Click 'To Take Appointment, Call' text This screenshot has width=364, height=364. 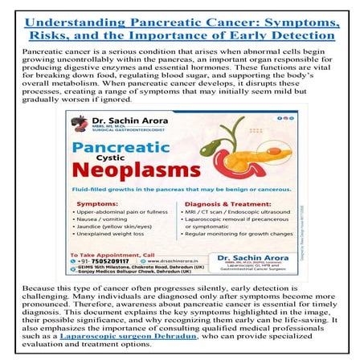tap(112, 252)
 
